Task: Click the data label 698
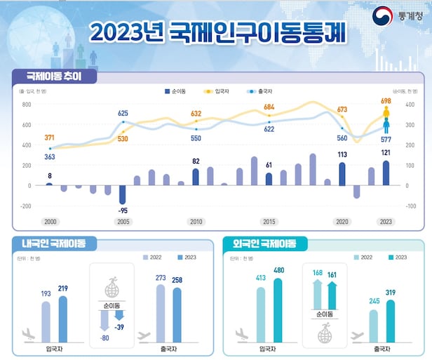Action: tap(386, 102)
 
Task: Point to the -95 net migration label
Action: tap(122, 211)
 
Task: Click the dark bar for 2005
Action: tap(122, 194)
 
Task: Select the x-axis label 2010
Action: tap(196, 222)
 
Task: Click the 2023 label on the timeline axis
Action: tap(386, 222)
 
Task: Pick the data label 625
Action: tap(123, 113)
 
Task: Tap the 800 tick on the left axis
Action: tap(27, 105)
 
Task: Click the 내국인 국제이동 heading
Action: tap(53, 244)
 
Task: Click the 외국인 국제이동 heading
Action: tap(265, 244)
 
